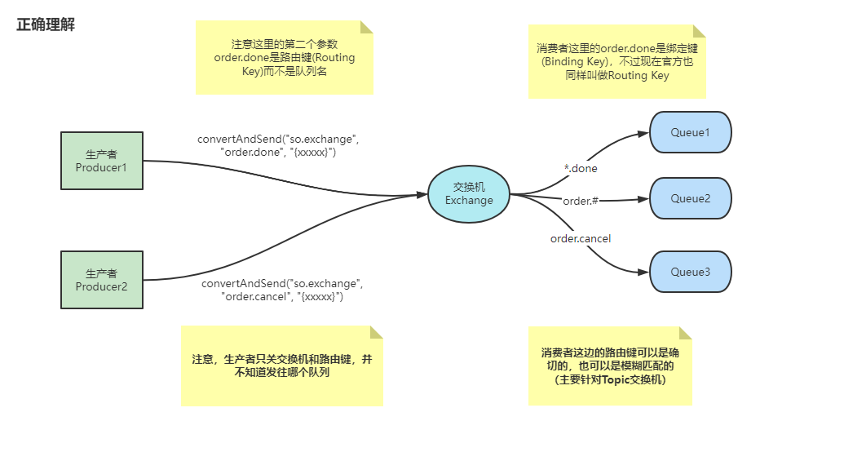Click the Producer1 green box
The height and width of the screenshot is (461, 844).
tap(102, 161)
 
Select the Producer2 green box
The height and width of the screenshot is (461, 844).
tap(102, 279)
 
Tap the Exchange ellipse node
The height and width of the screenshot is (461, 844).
tap(469, 194)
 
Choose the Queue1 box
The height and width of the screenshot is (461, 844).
tap(690, 132)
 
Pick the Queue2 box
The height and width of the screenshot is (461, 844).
tap(690, 198)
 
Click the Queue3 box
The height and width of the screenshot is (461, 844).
tap(690, 272)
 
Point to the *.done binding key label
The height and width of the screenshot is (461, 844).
tap(581, 169)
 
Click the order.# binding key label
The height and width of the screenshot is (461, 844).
tap(581, 201)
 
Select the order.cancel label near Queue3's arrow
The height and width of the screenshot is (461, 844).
tap(581, 239)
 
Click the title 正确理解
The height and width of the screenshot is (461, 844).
tap(46, 24)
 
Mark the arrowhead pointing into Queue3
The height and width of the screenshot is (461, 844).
tap(644, 273)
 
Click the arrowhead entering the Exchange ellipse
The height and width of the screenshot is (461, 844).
tap(422, 195)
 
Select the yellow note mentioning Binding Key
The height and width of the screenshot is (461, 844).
tap(616, 62)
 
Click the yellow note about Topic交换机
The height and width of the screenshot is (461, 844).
tap(610, 366)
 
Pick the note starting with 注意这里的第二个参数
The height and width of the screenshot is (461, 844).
tap(284, 58)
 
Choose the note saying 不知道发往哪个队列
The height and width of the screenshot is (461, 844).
tap(281, 366)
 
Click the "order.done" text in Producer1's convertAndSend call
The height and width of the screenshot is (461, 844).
tap(250, 152)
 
